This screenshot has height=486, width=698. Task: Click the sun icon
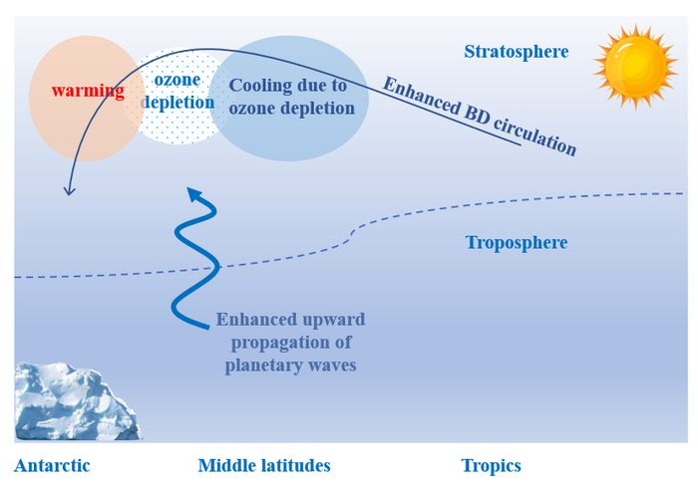(x=635, y=67)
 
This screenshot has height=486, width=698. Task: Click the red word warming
(x=88, y=92)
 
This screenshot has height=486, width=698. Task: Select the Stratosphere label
(x=516, y=51)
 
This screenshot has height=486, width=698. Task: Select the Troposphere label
(x=516, y=243)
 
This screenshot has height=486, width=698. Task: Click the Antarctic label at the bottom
(x=52, y=466)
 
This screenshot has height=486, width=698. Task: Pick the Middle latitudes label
(x=263, y=466)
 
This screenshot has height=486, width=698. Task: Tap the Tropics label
(x=491, y=466)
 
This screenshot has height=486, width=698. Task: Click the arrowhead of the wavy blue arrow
(x=198, y=195)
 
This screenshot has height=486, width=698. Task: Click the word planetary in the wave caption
(x=261, y=365)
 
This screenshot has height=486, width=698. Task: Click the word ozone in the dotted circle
(x=177, y=80)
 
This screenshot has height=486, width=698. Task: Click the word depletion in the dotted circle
(x=177, y=103)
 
